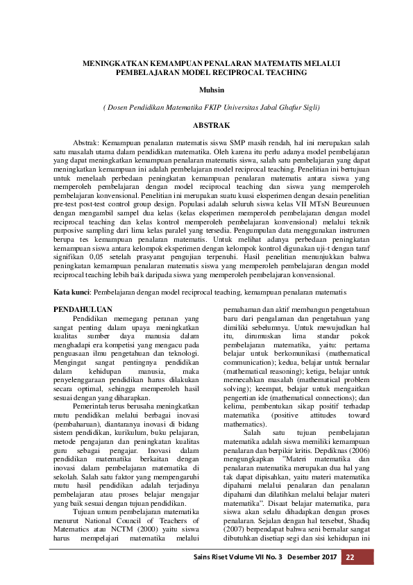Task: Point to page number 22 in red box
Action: (x=350, y=557)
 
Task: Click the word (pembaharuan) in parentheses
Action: (x=79, y=421)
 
